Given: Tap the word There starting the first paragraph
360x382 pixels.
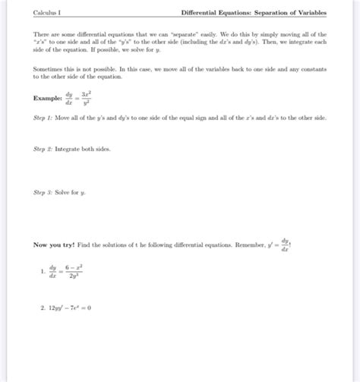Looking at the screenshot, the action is click(x=42, y=35).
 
